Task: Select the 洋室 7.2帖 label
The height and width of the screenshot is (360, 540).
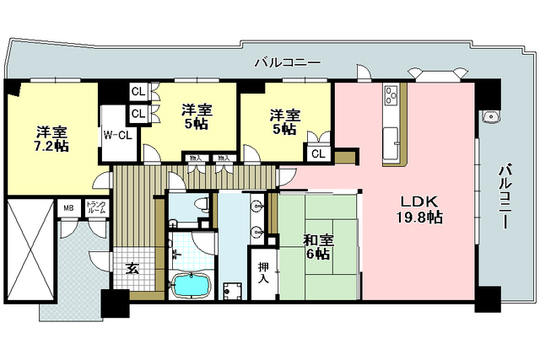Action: point(51,140)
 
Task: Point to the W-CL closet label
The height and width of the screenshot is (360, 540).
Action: point(116,133)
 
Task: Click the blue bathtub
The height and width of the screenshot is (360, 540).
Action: point(192,286)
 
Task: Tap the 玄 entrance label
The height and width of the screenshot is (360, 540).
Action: point(132,269)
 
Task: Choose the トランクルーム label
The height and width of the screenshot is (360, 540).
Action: point(95,207)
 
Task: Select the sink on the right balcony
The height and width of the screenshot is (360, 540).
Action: point(489,116)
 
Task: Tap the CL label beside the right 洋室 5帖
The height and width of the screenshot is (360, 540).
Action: point(319,153)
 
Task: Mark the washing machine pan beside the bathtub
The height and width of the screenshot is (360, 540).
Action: point(232,287)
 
